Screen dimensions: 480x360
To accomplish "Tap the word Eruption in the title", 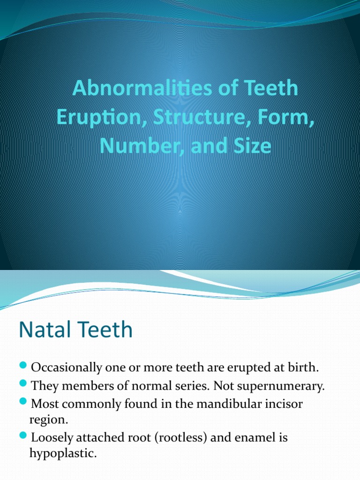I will click(91, 117).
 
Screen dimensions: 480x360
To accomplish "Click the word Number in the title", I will click(131, 146).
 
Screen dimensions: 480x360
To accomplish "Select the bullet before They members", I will click(24, 385).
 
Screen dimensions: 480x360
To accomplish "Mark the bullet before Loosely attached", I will click(24, 437).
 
